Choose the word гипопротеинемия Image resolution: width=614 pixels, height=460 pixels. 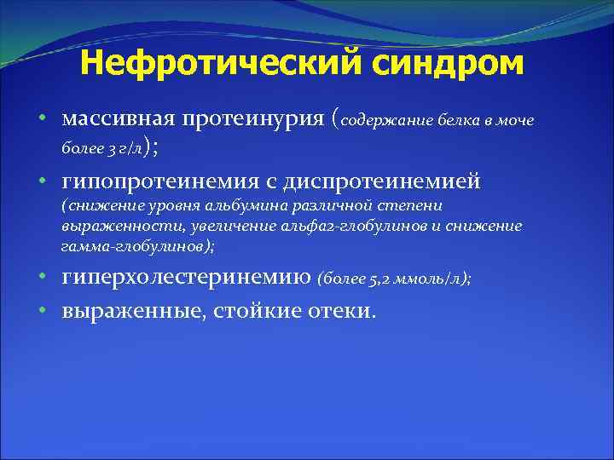click(164, 181)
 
